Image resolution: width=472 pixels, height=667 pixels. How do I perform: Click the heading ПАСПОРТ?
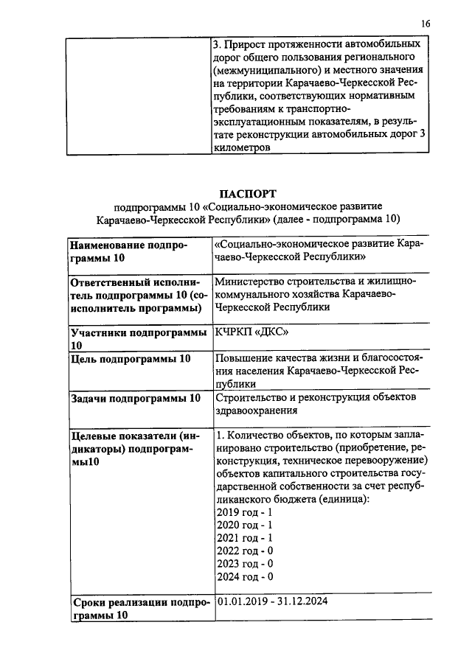click(x=248, y=193)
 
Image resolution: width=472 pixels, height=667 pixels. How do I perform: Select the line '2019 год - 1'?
click(x=244, y=511)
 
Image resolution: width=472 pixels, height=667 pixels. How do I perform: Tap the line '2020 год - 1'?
click(x=244, y=525)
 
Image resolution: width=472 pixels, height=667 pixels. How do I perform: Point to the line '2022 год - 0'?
click(x=244, y=551)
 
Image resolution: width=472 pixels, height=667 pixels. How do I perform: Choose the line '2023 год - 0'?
click(x=244, y=564)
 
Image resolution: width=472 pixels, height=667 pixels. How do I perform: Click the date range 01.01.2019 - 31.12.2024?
click(x=271, y=601)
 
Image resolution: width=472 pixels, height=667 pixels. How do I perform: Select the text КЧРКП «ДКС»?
click(x=246, y=332)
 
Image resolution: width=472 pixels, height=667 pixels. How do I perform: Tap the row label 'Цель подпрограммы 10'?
click(x=130, y=358)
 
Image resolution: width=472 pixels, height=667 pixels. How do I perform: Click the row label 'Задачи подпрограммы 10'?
click(x=134, y=398)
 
